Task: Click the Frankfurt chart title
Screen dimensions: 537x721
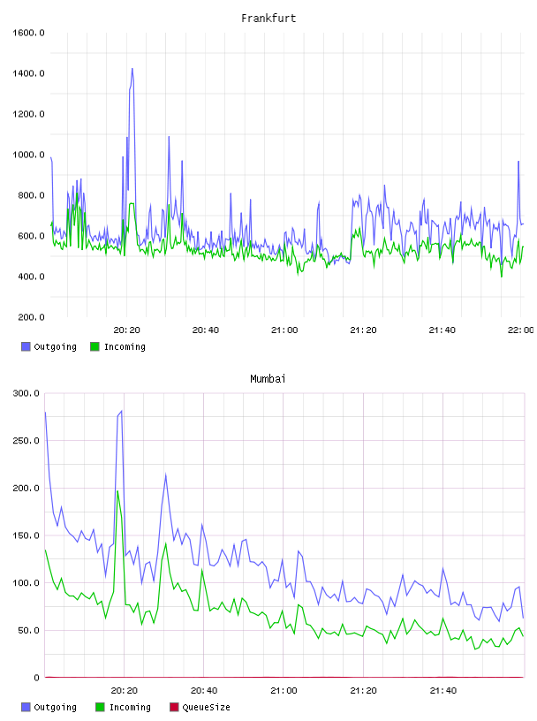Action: pos(268,18)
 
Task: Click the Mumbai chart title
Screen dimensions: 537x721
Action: pos(268,378)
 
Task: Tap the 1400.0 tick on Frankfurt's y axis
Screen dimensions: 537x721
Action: pos(28,73)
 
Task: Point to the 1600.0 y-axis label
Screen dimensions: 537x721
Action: pos(28,33)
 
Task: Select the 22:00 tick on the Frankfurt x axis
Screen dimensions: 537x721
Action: pos(520,330)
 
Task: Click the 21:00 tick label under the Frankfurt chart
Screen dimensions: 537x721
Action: pos(284,330)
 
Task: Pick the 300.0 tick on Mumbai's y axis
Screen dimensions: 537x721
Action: pos(26,393)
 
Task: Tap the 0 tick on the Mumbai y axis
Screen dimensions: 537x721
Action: pos(37,678)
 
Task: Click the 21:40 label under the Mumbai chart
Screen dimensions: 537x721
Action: pos(443,690)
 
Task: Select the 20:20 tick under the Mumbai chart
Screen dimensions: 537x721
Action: pos(125,690)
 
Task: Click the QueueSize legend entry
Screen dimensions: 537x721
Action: pos(200,707)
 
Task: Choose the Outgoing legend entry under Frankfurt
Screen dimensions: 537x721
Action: pos(49,346)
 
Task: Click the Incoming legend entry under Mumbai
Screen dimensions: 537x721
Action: pos(124,707)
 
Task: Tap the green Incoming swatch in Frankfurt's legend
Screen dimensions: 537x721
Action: pos(95,346)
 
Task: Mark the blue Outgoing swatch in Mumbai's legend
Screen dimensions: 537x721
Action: pos(26,707)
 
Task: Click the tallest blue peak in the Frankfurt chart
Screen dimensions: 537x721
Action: pos(132,69)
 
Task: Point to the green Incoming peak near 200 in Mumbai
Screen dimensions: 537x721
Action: pos(117,491)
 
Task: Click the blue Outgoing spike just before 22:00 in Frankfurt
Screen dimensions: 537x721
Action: pos(518,162)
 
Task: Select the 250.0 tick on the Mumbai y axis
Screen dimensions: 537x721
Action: pos(26,441)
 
